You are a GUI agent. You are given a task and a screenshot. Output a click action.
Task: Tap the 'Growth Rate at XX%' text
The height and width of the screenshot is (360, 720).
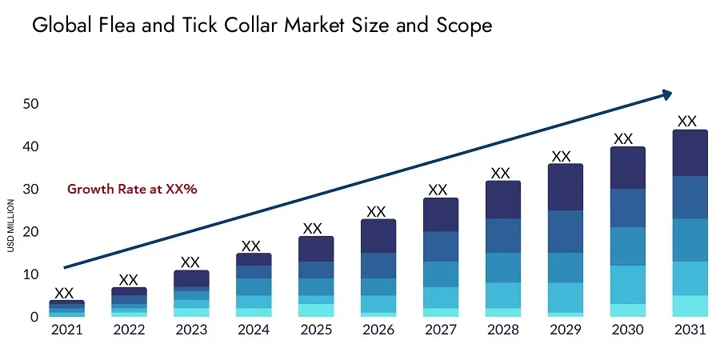(x=132, y=190)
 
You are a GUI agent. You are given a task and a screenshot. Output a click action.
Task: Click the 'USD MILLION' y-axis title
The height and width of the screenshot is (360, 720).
(x=11, y=226)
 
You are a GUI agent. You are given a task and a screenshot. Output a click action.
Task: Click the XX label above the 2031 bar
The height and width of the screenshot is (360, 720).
(x=687, y=122)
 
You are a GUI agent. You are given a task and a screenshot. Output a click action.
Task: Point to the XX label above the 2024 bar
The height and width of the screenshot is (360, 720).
(x=251, y=246)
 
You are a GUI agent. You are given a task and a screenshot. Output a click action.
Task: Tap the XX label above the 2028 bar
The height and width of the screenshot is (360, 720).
(x=500, y=173)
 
